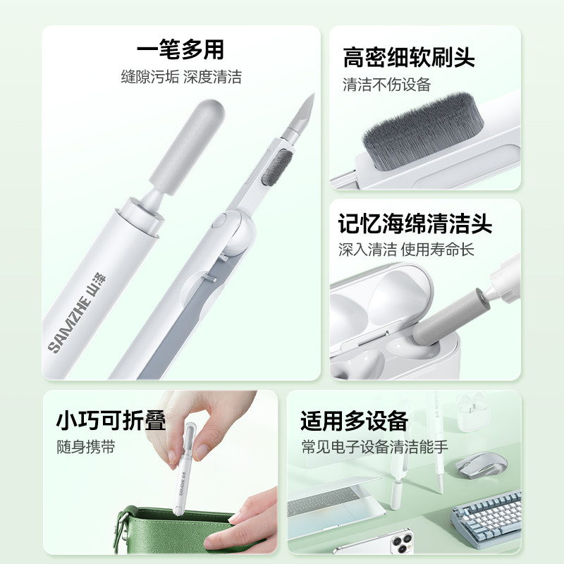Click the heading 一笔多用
click(180, 50)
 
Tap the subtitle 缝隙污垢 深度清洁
click(180, 78)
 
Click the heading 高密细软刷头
click(409, 57)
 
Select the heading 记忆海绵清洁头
click(415, 224)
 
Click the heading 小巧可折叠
click(111, 421)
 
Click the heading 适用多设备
click(354, 421)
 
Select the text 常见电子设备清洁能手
click(374, 447)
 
